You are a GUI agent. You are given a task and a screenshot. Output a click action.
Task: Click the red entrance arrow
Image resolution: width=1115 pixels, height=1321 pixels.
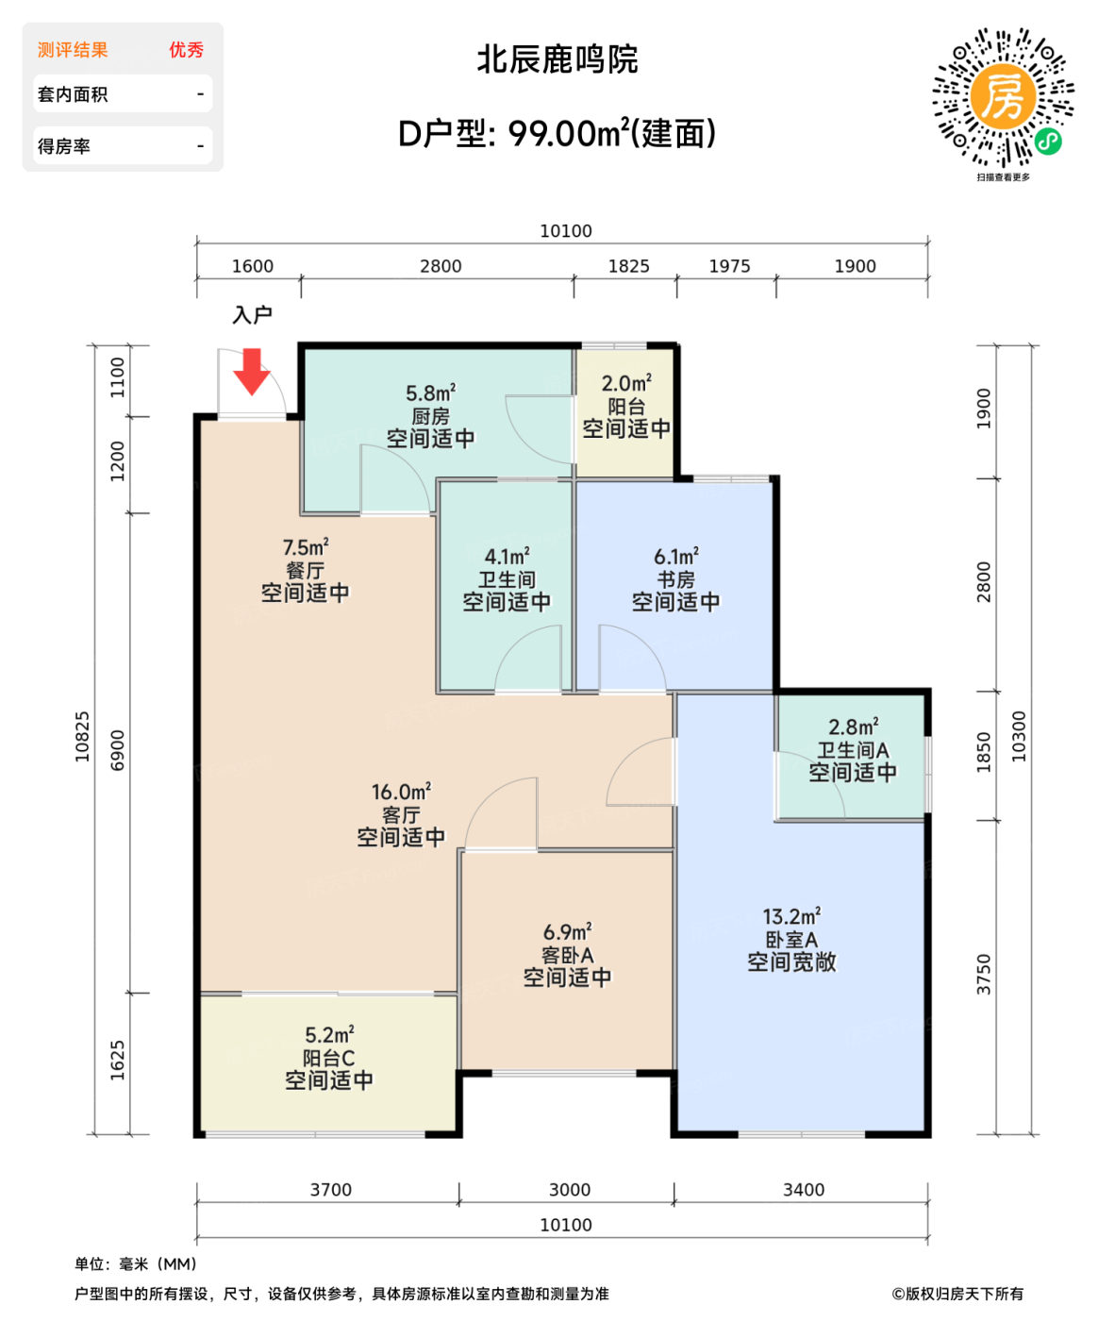252,371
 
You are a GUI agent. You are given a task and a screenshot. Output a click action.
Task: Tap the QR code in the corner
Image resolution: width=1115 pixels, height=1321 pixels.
1003,98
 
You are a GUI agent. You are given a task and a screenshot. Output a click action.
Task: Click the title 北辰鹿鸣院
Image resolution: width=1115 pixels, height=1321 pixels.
557,59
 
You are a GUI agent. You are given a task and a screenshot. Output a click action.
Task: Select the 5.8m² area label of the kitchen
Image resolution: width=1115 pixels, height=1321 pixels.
430,393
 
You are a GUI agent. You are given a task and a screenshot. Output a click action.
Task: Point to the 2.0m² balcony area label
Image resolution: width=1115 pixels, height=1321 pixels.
626,383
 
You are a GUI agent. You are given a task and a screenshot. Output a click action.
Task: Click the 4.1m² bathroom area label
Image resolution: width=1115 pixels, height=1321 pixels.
507,557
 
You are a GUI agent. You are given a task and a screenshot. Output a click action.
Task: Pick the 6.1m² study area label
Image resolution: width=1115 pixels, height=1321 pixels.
676,557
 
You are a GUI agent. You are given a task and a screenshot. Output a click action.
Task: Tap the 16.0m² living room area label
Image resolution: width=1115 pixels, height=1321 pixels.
401,792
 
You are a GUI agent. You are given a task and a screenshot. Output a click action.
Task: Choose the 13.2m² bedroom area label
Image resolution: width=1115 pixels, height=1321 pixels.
791,916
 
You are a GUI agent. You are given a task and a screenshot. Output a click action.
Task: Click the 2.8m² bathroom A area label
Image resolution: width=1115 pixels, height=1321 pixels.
853,727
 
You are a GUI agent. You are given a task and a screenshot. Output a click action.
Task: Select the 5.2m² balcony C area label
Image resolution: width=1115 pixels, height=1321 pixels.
329,1035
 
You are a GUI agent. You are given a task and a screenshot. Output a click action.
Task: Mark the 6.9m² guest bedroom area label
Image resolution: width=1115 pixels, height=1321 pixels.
567,932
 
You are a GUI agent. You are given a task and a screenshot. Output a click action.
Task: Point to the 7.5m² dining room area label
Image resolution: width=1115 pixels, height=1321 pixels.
306,547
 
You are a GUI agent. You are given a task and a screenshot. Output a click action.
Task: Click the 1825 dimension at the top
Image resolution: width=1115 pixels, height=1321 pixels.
628,266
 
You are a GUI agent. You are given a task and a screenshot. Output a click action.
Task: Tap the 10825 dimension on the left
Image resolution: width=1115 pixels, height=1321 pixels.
83,737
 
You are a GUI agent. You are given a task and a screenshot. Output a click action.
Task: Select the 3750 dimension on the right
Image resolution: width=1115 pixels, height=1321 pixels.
984,975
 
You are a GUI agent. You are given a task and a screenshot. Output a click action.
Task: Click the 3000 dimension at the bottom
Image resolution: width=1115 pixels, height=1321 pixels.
570,1190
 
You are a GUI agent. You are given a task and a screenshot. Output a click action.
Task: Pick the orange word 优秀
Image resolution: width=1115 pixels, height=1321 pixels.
186,50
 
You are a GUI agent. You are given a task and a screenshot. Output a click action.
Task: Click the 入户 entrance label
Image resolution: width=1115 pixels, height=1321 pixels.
252,315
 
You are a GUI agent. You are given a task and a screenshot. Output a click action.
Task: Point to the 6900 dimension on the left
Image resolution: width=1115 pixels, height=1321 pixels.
118,750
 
